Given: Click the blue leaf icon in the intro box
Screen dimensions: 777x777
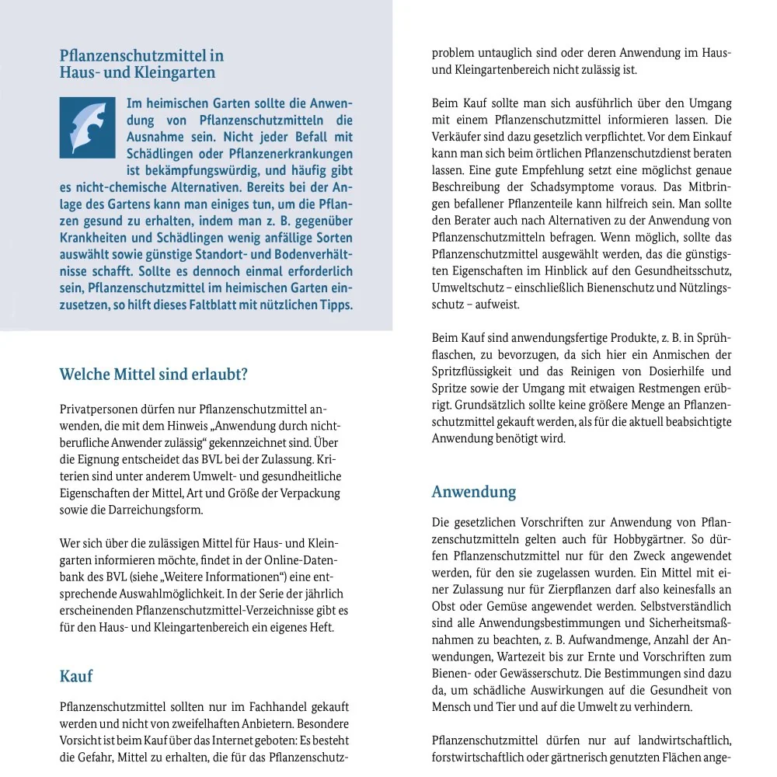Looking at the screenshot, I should pyautogui.click(x=87, y=127).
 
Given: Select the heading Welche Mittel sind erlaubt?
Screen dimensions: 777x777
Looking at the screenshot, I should pyautogui.click(x=154, y=375).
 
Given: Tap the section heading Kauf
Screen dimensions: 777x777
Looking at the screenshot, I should pyautogui.click(x=76, y=676).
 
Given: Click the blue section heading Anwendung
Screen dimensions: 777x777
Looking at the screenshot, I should pyautogui.click(x=474, y=492).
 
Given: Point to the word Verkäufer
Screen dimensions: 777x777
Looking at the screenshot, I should pyautogui.click(x=458, y=137).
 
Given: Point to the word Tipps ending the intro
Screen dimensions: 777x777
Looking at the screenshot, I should pyautogui.click(x=336, y=305).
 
